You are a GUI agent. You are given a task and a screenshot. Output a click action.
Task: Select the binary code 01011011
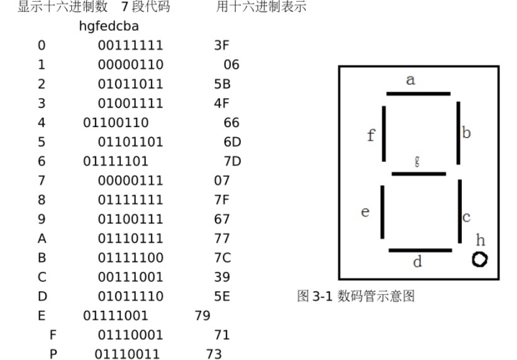coord(130,84)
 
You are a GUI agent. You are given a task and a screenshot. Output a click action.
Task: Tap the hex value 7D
coord(232,162)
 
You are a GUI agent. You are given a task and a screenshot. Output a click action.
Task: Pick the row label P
coord(53,354)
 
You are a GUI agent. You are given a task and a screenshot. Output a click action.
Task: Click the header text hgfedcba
coord(109,26)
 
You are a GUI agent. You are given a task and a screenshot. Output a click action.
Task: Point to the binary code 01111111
coord(130,200)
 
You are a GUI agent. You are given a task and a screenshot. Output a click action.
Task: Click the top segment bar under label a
coord(418,94)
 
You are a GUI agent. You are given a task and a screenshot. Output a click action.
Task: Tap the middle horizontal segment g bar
coord(418,174)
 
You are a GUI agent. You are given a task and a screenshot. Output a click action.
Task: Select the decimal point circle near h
coord(480,259)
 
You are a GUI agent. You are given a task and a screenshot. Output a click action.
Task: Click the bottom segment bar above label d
coord(420,250)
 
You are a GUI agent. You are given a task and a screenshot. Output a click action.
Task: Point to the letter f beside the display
coord(370,135)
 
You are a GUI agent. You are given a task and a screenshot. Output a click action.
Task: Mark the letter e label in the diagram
coord(365,213)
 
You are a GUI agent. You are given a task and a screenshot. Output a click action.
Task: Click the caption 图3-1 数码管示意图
coord(355,296)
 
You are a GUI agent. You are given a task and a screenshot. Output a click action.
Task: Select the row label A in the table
coord(42,239)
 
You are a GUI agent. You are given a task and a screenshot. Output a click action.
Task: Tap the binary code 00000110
coord(130,65)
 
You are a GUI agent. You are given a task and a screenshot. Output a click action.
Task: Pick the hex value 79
coord(203,315)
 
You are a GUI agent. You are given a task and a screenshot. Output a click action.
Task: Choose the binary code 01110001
coord(130,335)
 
